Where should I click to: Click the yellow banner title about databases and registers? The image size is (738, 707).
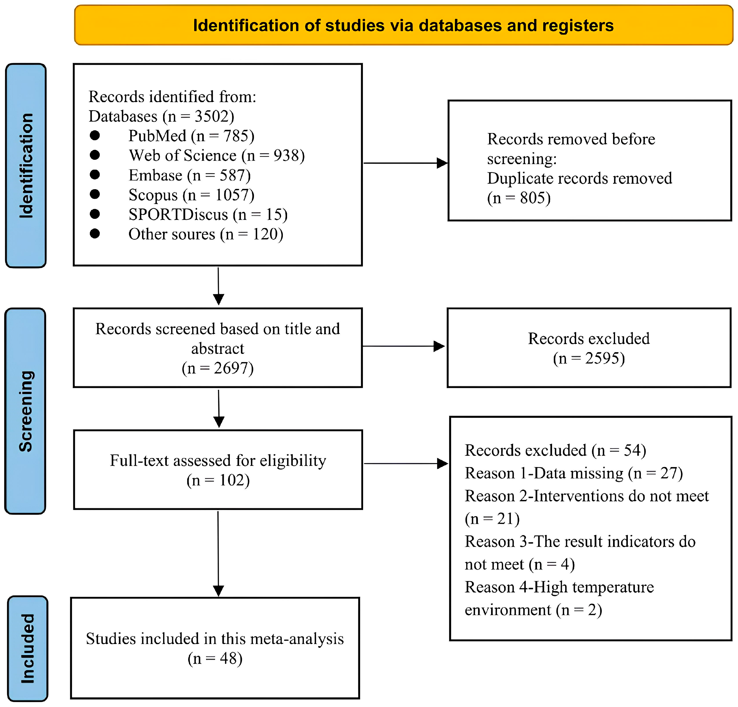(403, 26)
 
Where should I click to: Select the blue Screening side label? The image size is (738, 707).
(26, 411)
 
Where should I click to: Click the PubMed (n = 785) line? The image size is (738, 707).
(191, 136)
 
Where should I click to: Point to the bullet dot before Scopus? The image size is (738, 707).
(95, 194)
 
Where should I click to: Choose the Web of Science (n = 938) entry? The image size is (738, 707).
(217, 156)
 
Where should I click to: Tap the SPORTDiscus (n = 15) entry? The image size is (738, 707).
(208, 215)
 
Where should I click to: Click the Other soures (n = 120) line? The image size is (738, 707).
(206, 234)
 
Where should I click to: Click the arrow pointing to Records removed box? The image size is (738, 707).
(405, 163)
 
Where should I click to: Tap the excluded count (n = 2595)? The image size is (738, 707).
(588, 358)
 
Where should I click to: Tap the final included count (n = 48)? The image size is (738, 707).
(215, 658)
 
